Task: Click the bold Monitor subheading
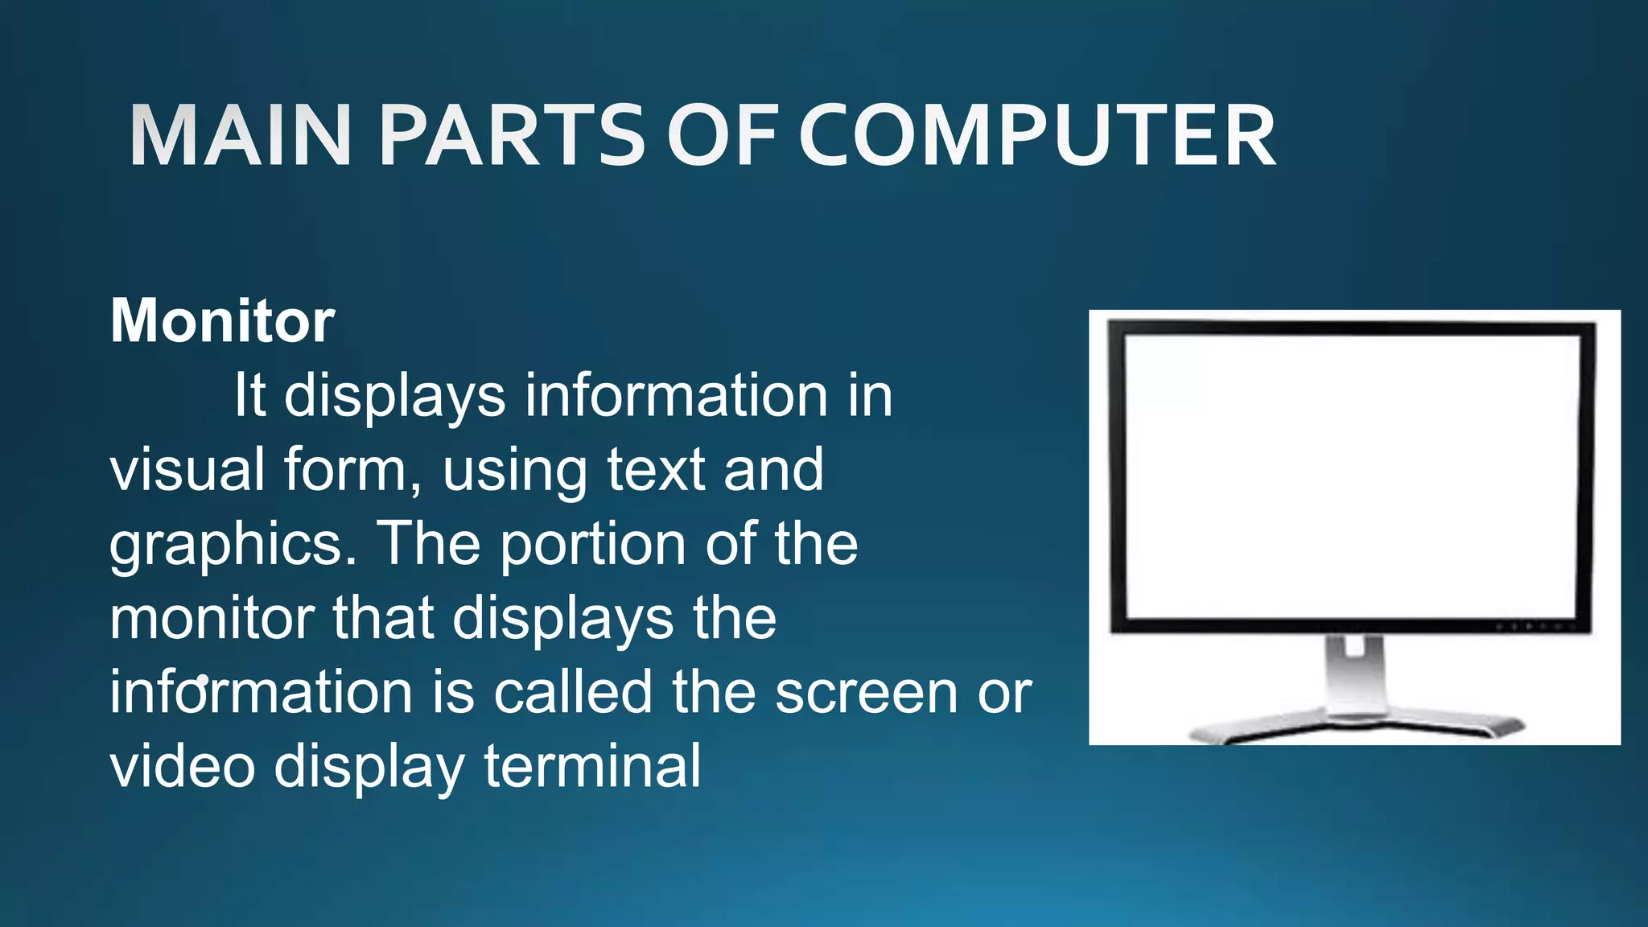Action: pos(222,321)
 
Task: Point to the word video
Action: pos(183,766)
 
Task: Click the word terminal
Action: pos(592,766)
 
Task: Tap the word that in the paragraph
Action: pos(383,618)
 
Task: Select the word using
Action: pos(514,471)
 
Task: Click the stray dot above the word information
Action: pos(202,680)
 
